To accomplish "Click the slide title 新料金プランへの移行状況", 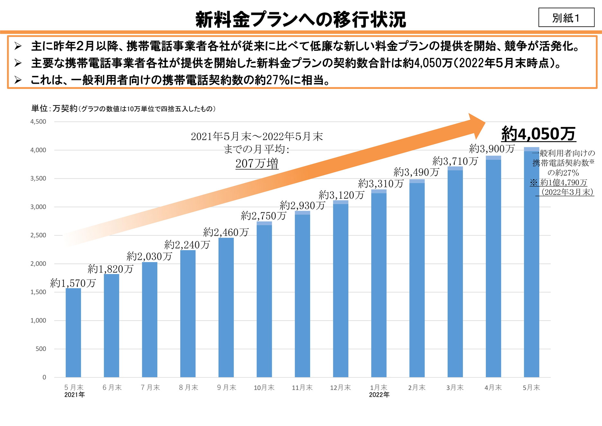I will click(301, 19).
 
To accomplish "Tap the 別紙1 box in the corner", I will click(566, 18).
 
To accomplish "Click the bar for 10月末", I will click(264, 299).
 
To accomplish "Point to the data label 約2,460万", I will click(226, 232).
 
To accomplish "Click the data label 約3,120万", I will click(341, 195).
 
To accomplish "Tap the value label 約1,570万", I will click(73, 283).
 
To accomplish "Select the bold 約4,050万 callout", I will click(538, 134).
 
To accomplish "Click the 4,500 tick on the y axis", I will click(38, 122).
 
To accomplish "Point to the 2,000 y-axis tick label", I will click(38, 264).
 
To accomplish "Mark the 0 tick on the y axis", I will click(44, 377).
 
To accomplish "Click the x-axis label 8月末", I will click(189, 388).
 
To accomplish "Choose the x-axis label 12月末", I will click(340, 388).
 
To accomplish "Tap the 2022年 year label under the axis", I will click(379, 395).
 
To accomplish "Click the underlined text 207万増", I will click(257, 164).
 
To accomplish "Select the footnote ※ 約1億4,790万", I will click(559, 183).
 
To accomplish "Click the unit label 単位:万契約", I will click(54, 109).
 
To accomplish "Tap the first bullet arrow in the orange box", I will click(18, 46).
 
